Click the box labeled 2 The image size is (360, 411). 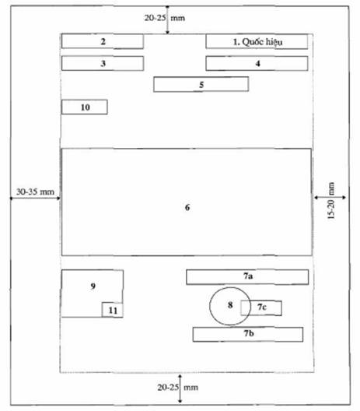tap(103, 41)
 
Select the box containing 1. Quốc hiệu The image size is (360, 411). tap(257, 41)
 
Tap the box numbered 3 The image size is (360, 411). tap(103, 63)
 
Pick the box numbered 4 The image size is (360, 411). tap(257, 63)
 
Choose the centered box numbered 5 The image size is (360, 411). tap(201, 84)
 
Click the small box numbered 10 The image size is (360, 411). tap(85, 107)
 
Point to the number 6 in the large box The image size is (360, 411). tap(187, 207)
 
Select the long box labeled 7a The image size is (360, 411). tap(247, 277)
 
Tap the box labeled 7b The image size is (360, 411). tap(248, 335)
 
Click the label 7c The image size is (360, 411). tap(261, 307)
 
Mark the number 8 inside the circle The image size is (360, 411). tap(230, 305)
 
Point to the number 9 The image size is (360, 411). tap(93, 286)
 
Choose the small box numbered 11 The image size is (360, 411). tap(113, 310)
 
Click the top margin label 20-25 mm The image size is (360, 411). tap(165, 18)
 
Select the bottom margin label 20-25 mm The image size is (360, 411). tap(178, 387)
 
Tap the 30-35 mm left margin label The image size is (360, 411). tap(35, 191)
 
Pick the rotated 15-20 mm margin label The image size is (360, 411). tap(331, 201)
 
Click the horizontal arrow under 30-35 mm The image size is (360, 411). tap(35, 198)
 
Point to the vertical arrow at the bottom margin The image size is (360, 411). tap(180, 388)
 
